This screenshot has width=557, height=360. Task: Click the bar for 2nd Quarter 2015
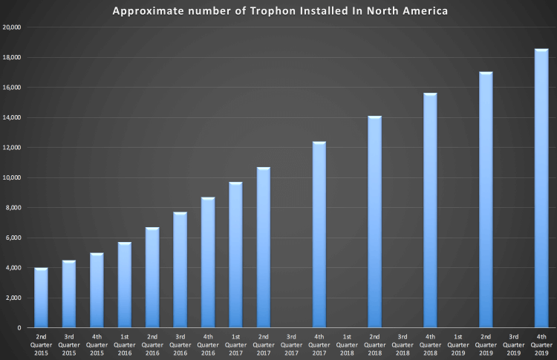click(x=42, y=298)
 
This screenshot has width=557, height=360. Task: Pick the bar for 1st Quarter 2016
click(x=125, y=285)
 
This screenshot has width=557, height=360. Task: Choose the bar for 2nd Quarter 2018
click(x=375, y=222)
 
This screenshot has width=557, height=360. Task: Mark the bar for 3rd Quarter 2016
click(x=180, y=270)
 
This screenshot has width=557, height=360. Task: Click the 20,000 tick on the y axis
click(x=12, y=27)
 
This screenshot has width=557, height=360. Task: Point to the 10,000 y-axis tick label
click(x=12, y=178)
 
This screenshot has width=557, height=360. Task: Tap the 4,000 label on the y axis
click(x=13, y=268)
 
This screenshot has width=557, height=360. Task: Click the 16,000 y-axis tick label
click(x=12, y=88)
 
